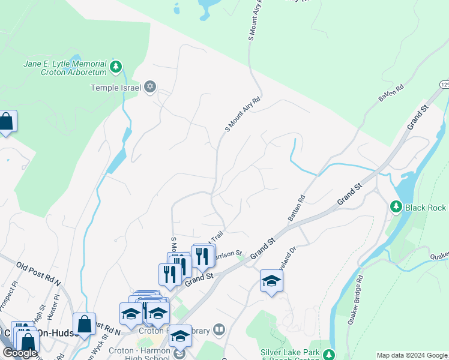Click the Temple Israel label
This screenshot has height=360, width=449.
[115, 88]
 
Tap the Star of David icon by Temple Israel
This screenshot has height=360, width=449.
[149, 88]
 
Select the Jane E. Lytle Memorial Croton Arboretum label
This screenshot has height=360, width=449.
[65, 68]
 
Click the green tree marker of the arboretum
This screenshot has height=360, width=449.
[116, 66]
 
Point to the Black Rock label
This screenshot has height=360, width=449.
[425, 208]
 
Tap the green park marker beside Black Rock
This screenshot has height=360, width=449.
[396, 207]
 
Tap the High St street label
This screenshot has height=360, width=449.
[38, 313]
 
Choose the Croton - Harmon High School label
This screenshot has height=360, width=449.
[139, 354]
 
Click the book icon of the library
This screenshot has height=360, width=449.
[220, 329]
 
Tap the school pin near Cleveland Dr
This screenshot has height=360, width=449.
[271, 280]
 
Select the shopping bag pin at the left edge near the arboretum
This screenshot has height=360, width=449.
[6, 122]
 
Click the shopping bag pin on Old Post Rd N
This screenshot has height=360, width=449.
[84, 324]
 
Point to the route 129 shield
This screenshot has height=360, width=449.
[444, 85]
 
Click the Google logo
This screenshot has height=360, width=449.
[20, 353]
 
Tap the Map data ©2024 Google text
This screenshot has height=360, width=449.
[412, 355]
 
